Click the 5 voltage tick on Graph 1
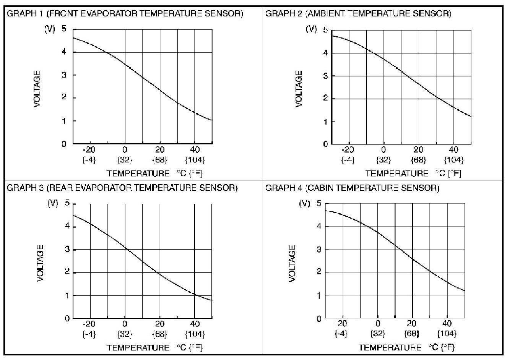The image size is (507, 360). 64,29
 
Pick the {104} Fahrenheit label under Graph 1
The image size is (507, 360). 195,159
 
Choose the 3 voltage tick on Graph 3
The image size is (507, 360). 67,250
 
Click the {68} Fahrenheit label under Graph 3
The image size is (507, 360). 160,334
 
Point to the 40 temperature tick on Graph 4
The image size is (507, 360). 447,324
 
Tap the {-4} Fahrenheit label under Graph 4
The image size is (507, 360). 341,334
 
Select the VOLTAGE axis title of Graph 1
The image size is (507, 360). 37,89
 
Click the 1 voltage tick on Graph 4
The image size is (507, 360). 319,295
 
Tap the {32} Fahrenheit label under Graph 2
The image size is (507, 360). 383,160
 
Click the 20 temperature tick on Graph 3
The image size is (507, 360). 160,324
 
